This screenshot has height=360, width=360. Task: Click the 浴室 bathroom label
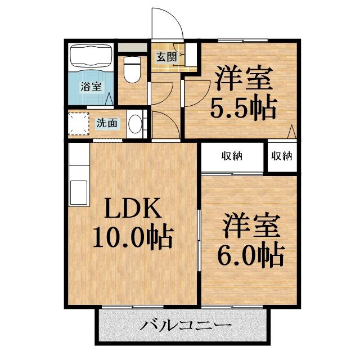click(91, 87)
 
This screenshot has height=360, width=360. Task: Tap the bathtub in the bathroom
click(91, 58)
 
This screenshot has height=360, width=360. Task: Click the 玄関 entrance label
click(166, 57)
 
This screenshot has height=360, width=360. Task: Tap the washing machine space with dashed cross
click(78, 124)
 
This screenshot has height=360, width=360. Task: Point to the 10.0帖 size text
click(132, 238)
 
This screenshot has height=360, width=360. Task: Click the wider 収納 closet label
click(232, 156)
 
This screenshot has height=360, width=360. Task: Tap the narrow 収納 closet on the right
click(283, 156)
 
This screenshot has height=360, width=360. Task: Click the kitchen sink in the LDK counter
click(78, 189)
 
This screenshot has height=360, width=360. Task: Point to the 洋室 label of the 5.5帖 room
click(243, 79)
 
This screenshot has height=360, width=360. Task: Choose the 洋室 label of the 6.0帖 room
click(250, 227)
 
